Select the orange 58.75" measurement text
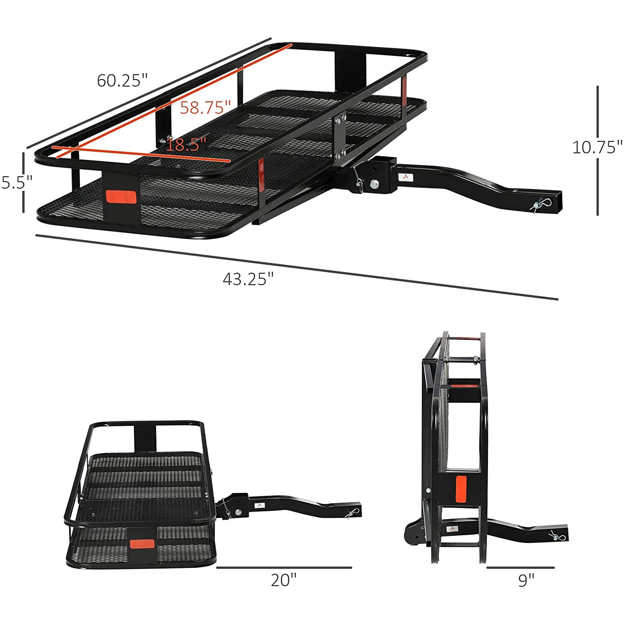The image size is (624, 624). click(205, 108)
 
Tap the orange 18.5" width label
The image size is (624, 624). click(186, 145)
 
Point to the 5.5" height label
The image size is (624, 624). click(17, 182)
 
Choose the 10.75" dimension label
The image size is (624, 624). click(597, 147)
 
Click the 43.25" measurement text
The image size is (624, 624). click(248, 279)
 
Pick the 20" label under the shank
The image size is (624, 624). click(284, 580)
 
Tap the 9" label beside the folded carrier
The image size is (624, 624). click(526, 580)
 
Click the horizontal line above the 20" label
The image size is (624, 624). click(284, 567)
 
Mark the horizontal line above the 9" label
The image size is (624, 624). click(520, 567)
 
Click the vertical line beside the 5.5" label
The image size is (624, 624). click(24, 182)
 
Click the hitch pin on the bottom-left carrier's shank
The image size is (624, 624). click(352, 513)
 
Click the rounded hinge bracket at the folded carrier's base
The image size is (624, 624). click(415, 535)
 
